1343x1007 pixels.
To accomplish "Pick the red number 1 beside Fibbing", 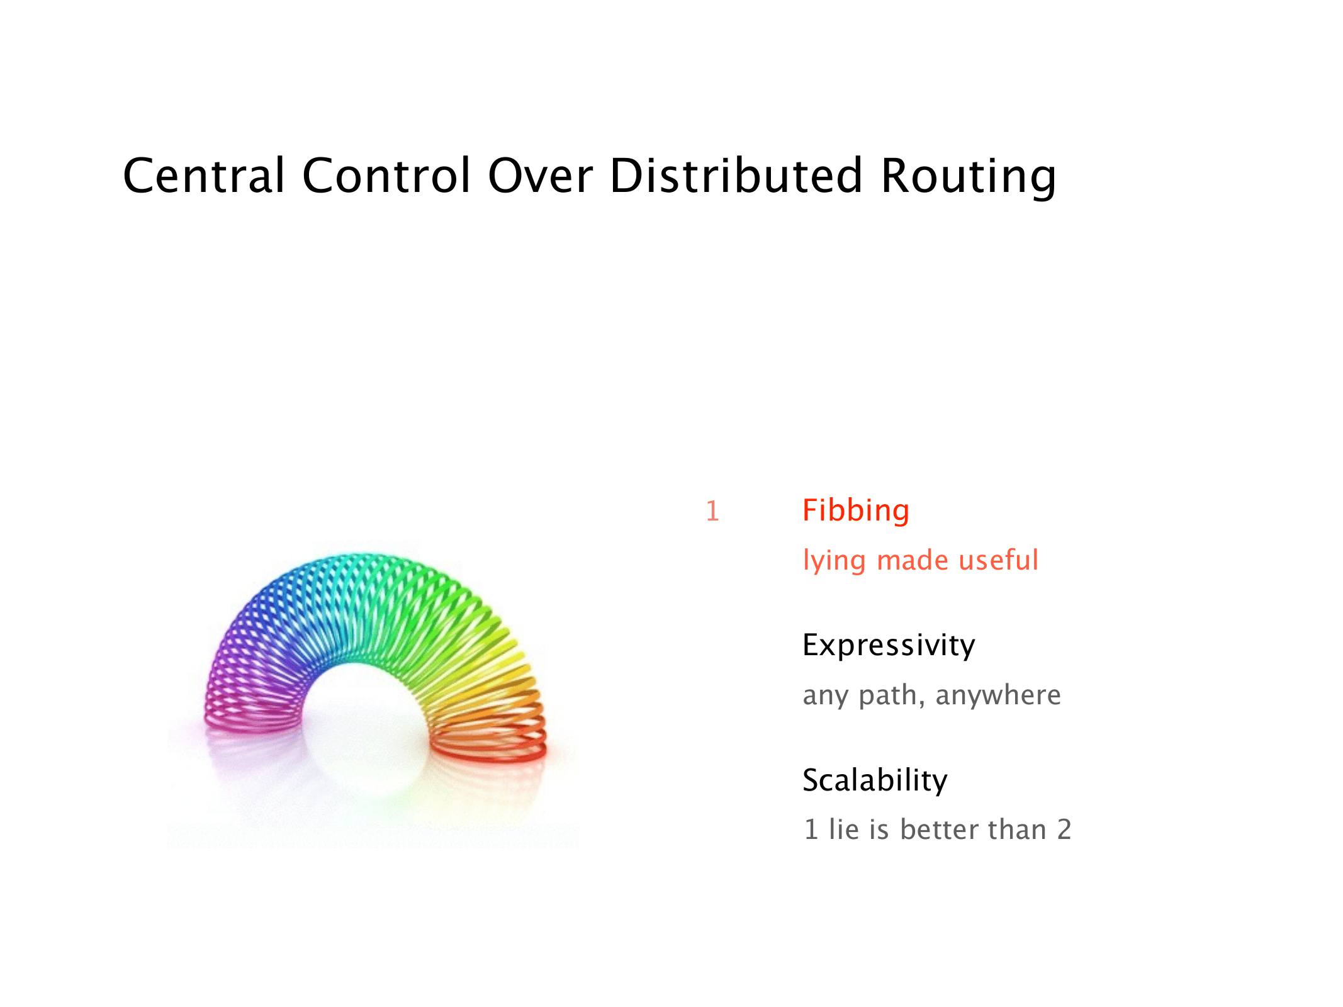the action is (712, 511).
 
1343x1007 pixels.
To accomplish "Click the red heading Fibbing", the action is (856, 510).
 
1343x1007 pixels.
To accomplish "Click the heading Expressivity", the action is (889, 646).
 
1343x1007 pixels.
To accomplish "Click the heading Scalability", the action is (875, 780).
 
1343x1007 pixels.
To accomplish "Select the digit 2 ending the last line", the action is (1064, 830).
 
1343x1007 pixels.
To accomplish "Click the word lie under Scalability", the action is (844, 830).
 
